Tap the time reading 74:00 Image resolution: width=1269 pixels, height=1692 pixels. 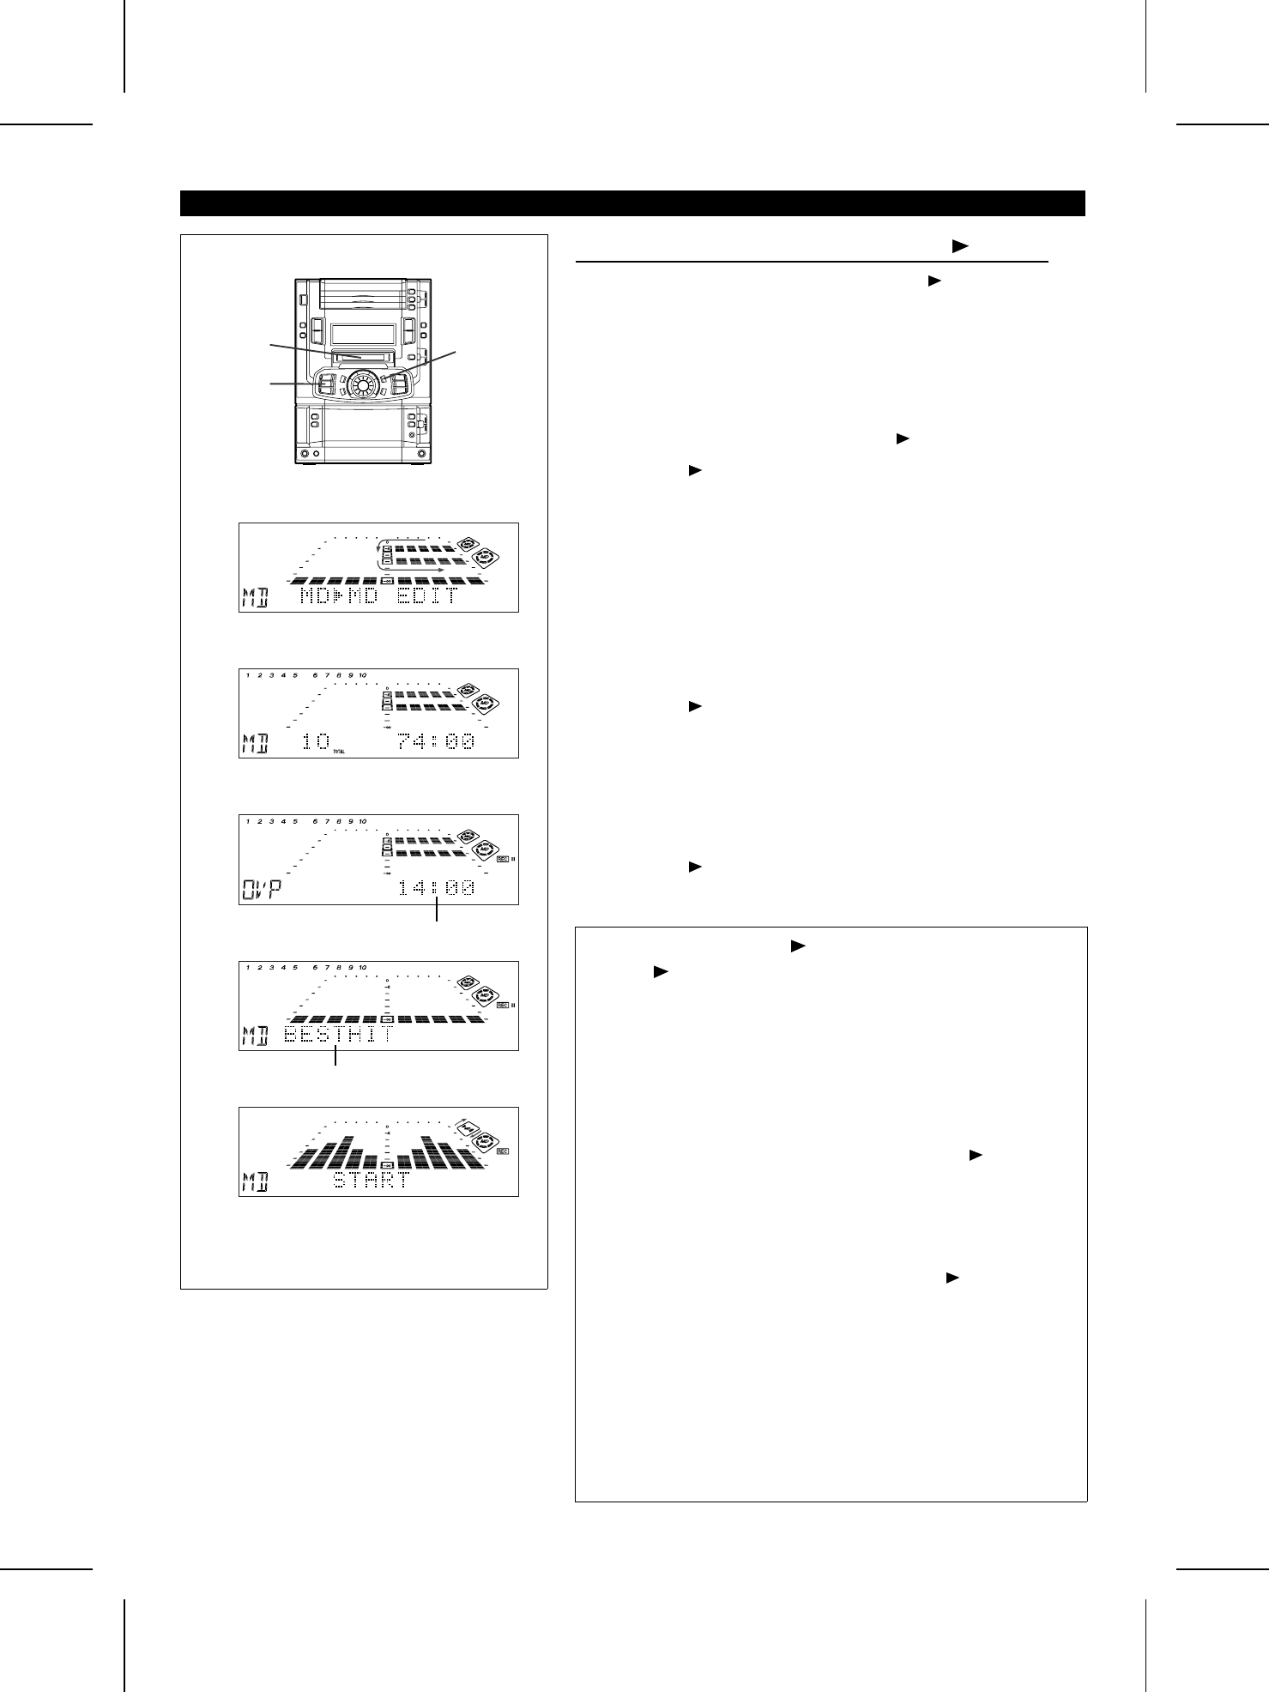coord(436,742)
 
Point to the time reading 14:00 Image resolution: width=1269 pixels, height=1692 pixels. coord(436,888)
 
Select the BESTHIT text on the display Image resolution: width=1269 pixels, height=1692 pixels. coord(339,1035)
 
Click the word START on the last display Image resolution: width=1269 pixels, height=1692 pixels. coord(371,1180)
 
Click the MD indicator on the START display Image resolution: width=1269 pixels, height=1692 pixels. coord(254,1181)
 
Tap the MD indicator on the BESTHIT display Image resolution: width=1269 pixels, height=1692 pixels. coord(254,1036)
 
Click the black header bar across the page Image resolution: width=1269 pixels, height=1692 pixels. coord(632,203)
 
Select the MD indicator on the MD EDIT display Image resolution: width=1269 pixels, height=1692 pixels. coord(254,597)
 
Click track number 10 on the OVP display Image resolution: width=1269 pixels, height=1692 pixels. coord(363,821)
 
